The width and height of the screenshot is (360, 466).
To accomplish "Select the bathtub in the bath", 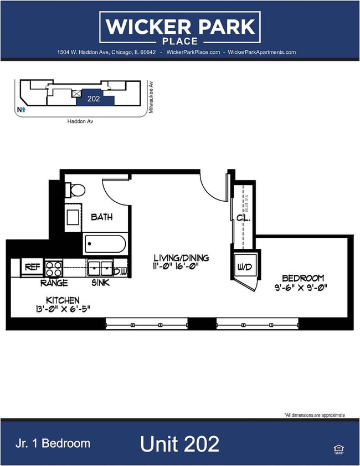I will [105, 244].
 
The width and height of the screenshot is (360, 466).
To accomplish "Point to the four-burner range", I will [54, 269].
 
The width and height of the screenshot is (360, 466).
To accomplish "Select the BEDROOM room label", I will [302, 278].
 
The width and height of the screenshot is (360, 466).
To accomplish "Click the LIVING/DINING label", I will [181, 258].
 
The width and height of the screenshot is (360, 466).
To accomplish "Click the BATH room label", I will [102, 217].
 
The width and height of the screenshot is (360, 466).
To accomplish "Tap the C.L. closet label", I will [244, 218].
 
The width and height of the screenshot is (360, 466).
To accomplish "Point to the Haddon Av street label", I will [78, 121].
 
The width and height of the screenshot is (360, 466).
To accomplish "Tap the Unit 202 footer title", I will [179, 443].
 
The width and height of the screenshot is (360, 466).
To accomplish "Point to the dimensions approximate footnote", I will [314, 414].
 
